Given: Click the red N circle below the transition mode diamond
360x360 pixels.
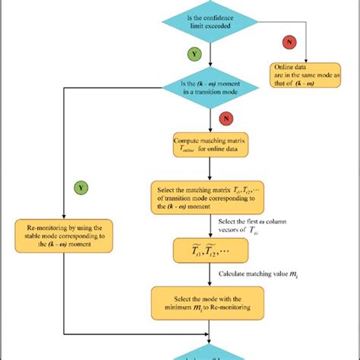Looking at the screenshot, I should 224,119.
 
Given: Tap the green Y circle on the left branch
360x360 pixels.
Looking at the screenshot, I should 79,186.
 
